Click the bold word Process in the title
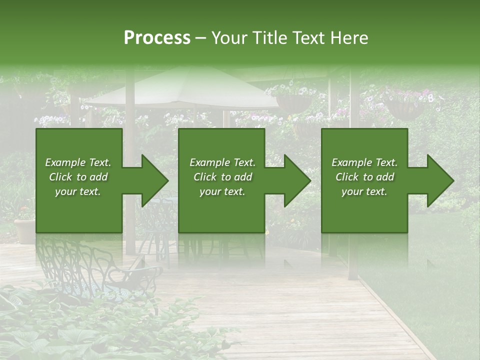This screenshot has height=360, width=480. pyautogui.click(x=157, y=38)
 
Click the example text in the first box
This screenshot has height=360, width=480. pyautogui.click(x=78, y=177)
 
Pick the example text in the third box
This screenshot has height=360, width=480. pyautogui.click(x=364, y=177)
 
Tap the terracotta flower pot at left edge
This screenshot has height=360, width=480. pyautogui.click(x=24, y=230)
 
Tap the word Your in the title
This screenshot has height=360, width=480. pyautogui.click(x=228, y=38)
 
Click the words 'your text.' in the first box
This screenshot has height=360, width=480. pyautogui.click(x=78, y=191)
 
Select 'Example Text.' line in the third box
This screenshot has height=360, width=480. pyautogui.click(x=364, y=162)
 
